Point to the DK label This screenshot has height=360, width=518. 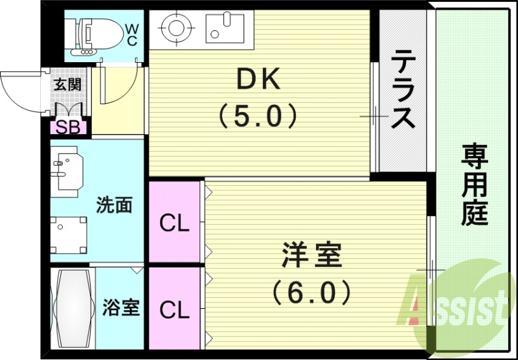point(258,80)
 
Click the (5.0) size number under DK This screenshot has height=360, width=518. point(258,117)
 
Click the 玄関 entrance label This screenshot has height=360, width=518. point(67,84)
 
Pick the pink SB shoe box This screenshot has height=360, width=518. point(69,126)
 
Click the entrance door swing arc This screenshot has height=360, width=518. point(19,91)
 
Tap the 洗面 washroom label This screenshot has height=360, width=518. point(114,205)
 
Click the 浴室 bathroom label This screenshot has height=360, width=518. point(121,307)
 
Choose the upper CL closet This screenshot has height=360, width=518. point(174,223)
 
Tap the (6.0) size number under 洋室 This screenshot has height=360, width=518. point(311,291)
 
